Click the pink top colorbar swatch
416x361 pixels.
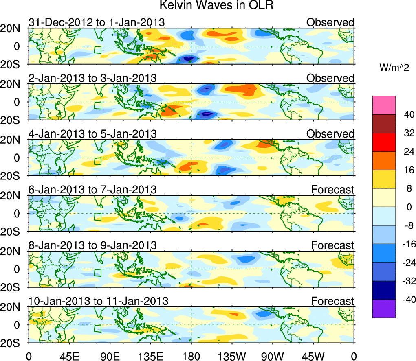pyautogui.click(x=383, y=105)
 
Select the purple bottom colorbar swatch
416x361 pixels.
pyautogui.click(x=383, y=308)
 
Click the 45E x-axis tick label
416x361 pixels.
pyautogui.click(x=69, y=355)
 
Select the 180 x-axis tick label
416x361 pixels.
pyautogui.click(x=191, y=355)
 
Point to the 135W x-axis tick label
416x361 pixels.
pyautogui.click(x=232, y=355)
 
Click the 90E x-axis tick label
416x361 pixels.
pyautogui.click(x=110, y=355)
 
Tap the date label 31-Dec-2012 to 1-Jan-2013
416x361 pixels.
pyautogui.click(x=97, y=22)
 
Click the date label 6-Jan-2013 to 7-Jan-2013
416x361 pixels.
pyautogui.click(x=92, y=189)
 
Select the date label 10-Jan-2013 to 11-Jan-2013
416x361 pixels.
pyautogui.click(x=98, y=301)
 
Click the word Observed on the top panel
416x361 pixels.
pyautogui.click(x=330, y=22)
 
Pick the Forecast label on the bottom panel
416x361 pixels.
pyautogui.click(x=332, y=301)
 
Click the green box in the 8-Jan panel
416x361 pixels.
pyautogui.click(x=97, y=273)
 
